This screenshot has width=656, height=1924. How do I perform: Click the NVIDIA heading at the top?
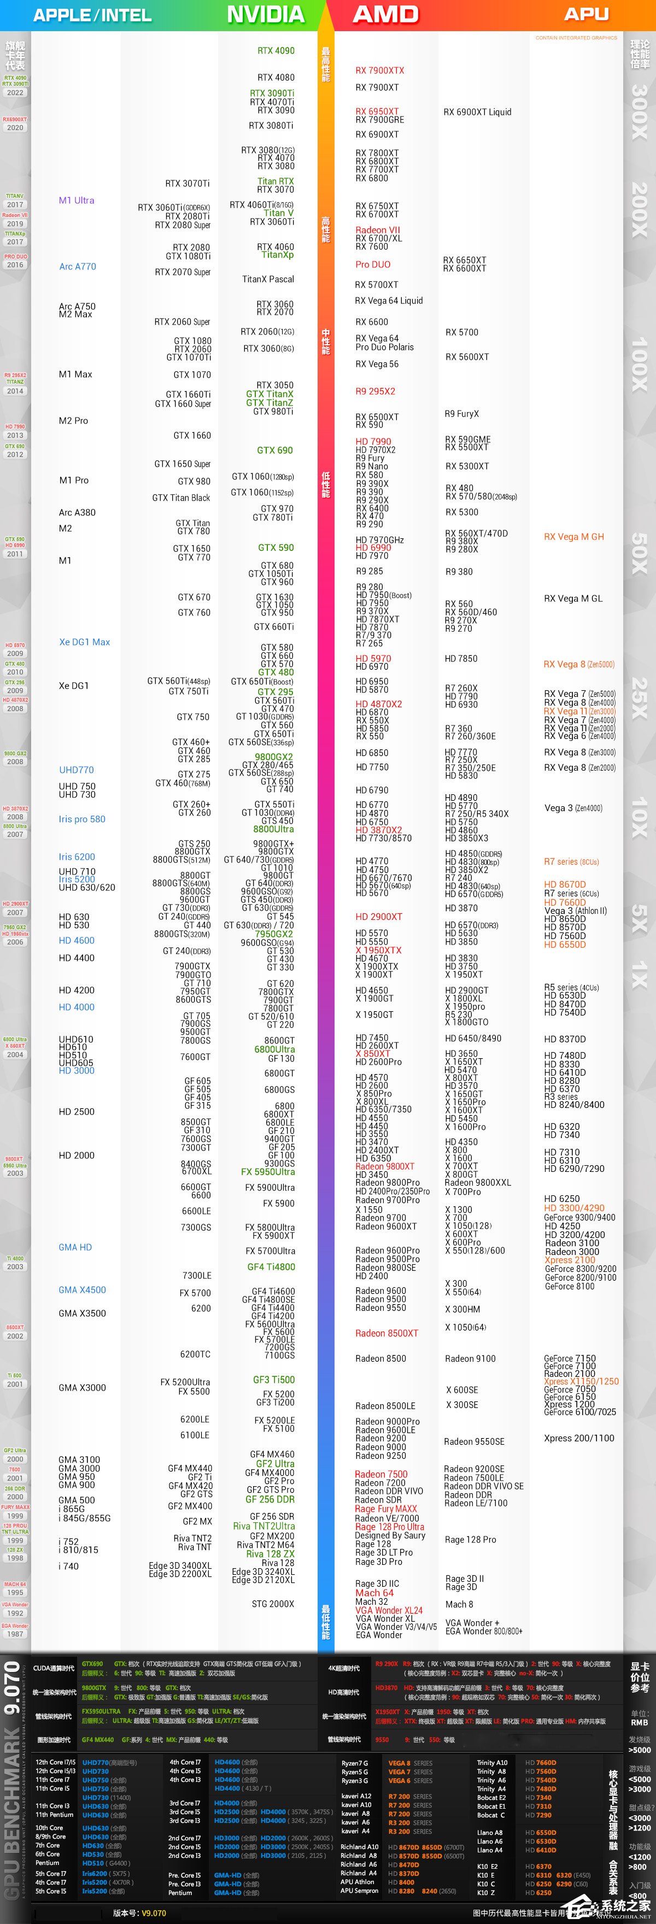tap(265, 14)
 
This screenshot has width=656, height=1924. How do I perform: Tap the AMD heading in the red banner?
tap(385, 14)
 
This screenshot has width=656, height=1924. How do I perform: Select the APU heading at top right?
tap(586, 14)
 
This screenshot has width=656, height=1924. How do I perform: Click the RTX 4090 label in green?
tap(276, 51)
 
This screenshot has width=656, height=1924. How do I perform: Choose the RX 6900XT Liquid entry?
tap(477, 112)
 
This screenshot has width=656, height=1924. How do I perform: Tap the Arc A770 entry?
tap(78, 267)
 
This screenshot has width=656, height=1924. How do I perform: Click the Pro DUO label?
tap(373, 265)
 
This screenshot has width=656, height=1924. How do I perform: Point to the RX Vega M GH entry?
tap(574, 536)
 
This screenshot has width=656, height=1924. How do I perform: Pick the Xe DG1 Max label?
tap(84, 642)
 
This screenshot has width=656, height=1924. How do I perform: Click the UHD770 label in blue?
tap(76, 769)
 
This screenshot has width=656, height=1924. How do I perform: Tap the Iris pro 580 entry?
tap(82, 819)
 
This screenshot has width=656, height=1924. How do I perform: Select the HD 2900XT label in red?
tap(379, 917)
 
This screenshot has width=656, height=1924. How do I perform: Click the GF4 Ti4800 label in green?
tap(271, 1267)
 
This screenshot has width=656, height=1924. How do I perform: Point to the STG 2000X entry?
tap(273, 1604)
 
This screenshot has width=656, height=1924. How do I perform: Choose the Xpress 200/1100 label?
tap(579, 1438)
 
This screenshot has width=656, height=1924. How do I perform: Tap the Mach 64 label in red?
tap(374, 1592)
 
